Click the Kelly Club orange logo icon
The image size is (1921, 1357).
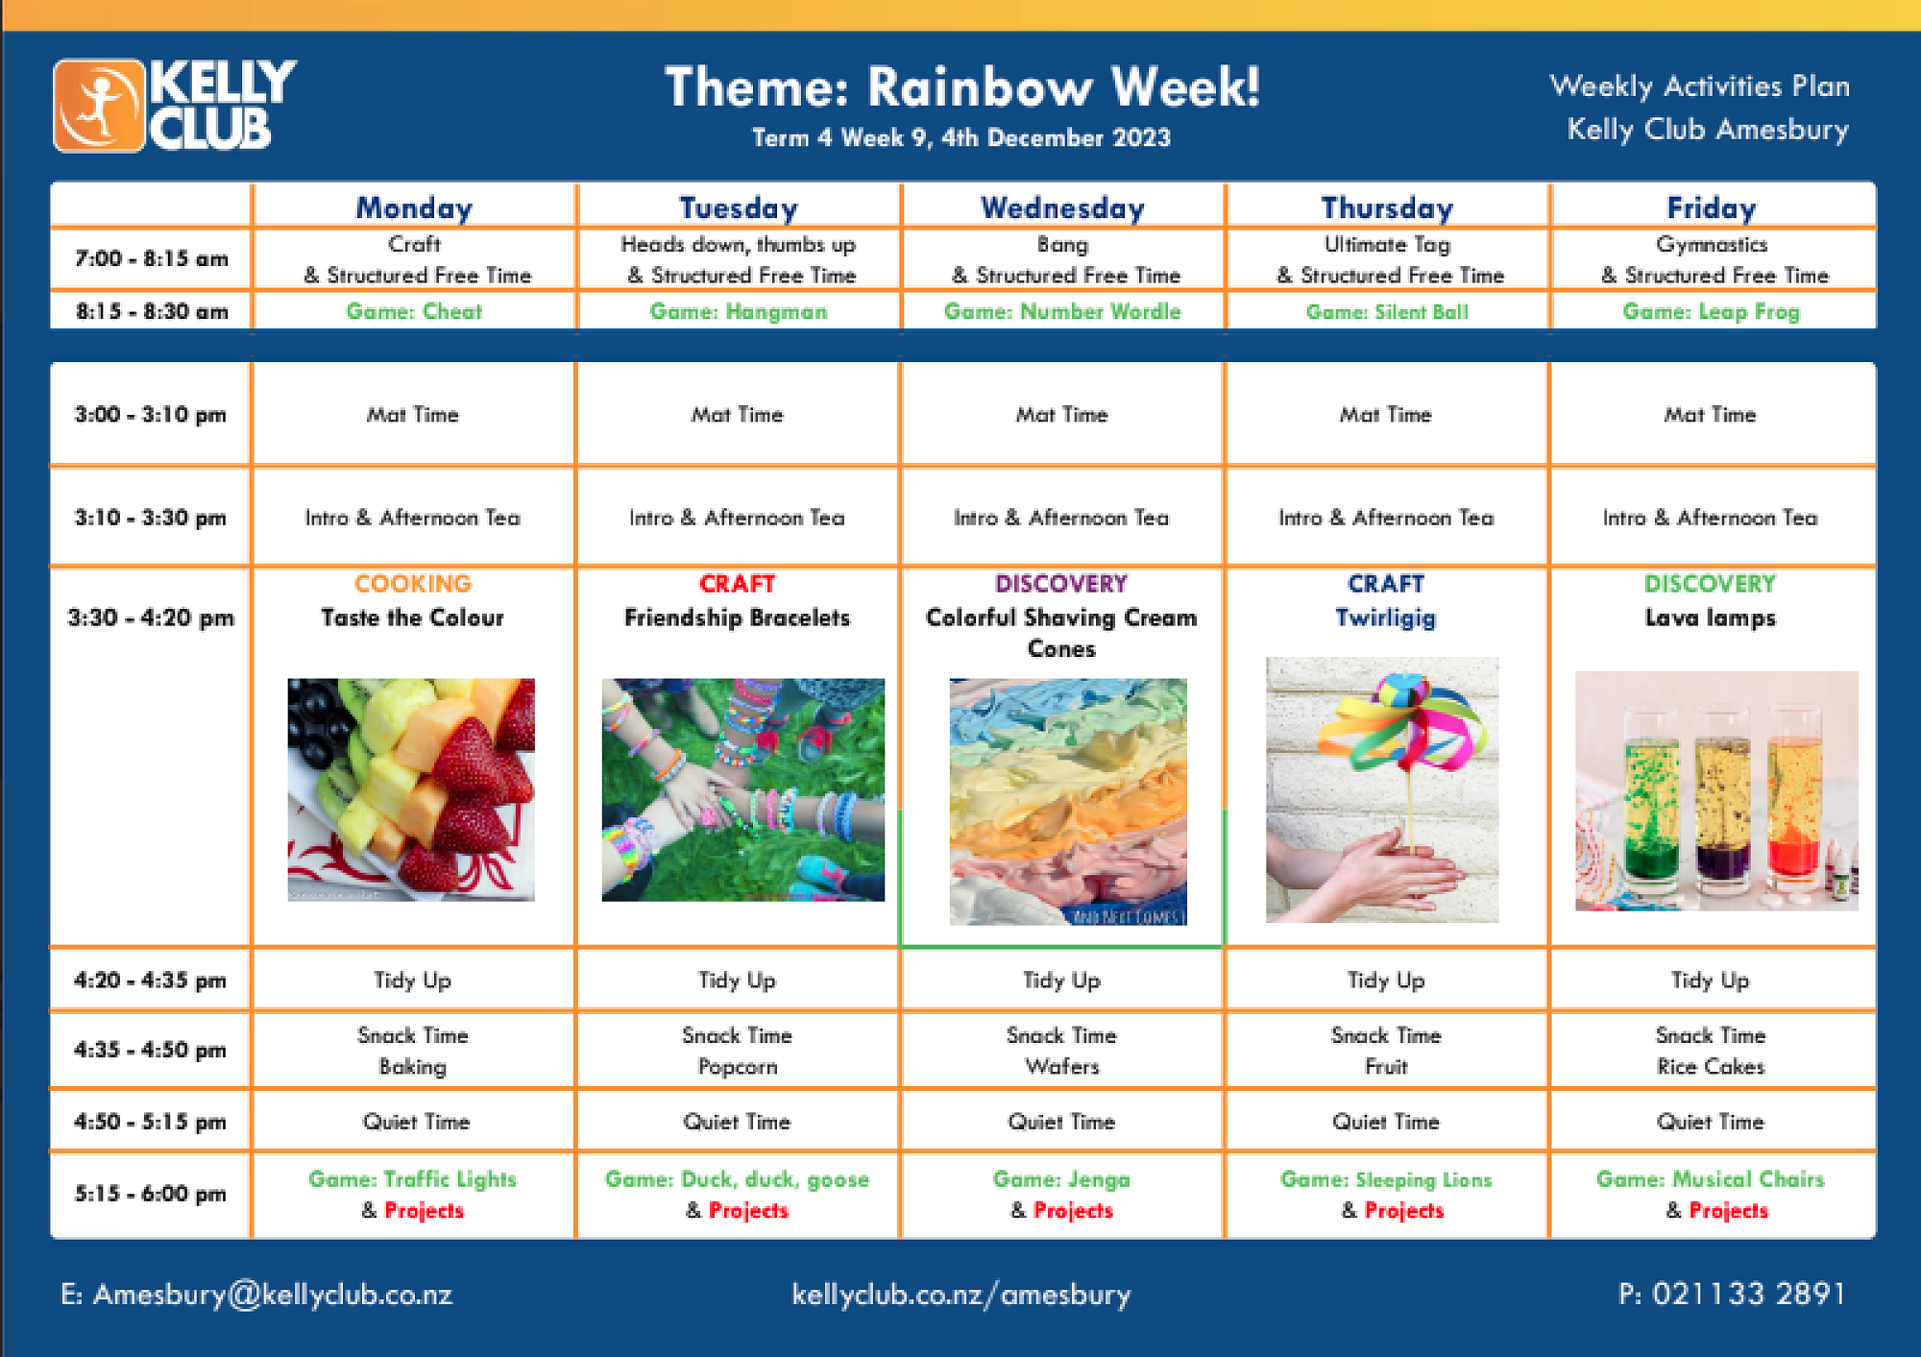click(x=99, y=106)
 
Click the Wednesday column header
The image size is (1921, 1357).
click(x=1062, y=207)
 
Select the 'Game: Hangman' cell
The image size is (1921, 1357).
click(x=738, y=311)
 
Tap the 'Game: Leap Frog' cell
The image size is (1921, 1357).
click(x=1711, y=311)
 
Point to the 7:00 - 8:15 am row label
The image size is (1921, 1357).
click(x=152, y=258)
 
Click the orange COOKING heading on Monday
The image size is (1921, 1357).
click(x=413, y=583)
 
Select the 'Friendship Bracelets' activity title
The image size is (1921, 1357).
click(x=738, y=618)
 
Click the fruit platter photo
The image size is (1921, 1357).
click(x=411, y=789)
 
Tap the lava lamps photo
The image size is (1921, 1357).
click(x=1716, y=790)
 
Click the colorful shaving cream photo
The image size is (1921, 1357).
click(x=1068, y=802)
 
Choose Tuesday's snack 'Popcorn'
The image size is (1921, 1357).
click(x=738, y=1066)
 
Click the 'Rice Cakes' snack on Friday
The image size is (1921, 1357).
click(x=1711, y=1066)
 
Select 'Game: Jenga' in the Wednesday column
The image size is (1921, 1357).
click(x=1061, y=1178)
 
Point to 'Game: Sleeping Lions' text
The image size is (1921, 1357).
click(x=1386, y=1179)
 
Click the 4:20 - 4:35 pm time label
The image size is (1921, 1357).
click(x=151, y=980)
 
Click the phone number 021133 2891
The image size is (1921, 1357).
click(x=1748, y=1294)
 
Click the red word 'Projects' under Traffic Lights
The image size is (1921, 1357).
click(x=424, y=1210)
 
